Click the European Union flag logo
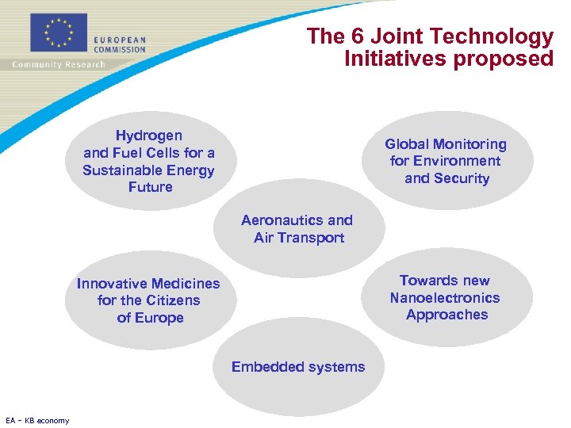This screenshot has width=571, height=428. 58,32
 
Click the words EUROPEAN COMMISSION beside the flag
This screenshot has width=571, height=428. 120,44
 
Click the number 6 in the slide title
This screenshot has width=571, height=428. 365,36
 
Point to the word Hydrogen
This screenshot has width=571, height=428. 148,136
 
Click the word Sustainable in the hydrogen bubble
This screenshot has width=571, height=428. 122,170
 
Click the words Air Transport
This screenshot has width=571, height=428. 299,238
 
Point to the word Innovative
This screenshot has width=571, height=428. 112,284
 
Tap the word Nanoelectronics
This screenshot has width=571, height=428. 445,298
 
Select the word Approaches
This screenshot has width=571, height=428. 447,315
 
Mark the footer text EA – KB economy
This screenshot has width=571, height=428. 37,420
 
